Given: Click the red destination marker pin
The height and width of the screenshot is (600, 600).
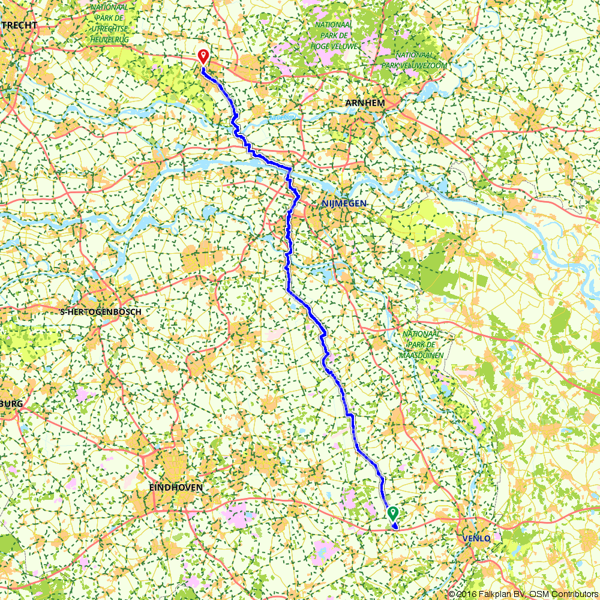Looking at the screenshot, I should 203,56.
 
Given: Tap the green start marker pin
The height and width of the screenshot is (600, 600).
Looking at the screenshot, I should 393,513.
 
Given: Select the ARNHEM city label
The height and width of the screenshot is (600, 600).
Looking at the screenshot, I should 365,103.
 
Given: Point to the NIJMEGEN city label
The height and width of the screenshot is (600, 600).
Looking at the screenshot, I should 344,204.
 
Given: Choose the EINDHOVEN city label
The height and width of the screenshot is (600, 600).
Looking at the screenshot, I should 176,488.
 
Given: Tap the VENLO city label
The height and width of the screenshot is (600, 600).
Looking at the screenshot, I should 477,538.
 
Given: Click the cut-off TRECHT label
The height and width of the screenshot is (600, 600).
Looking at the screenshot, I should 19,25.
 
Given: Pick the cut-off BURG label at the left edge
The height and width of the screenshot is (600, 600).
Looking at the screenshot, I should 12,404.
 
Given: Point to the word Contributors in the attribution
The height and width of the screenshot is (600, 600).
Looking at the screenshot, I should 574,594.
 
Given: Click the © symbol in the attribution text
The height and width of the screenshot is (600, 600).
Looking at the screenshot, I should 452,594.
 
